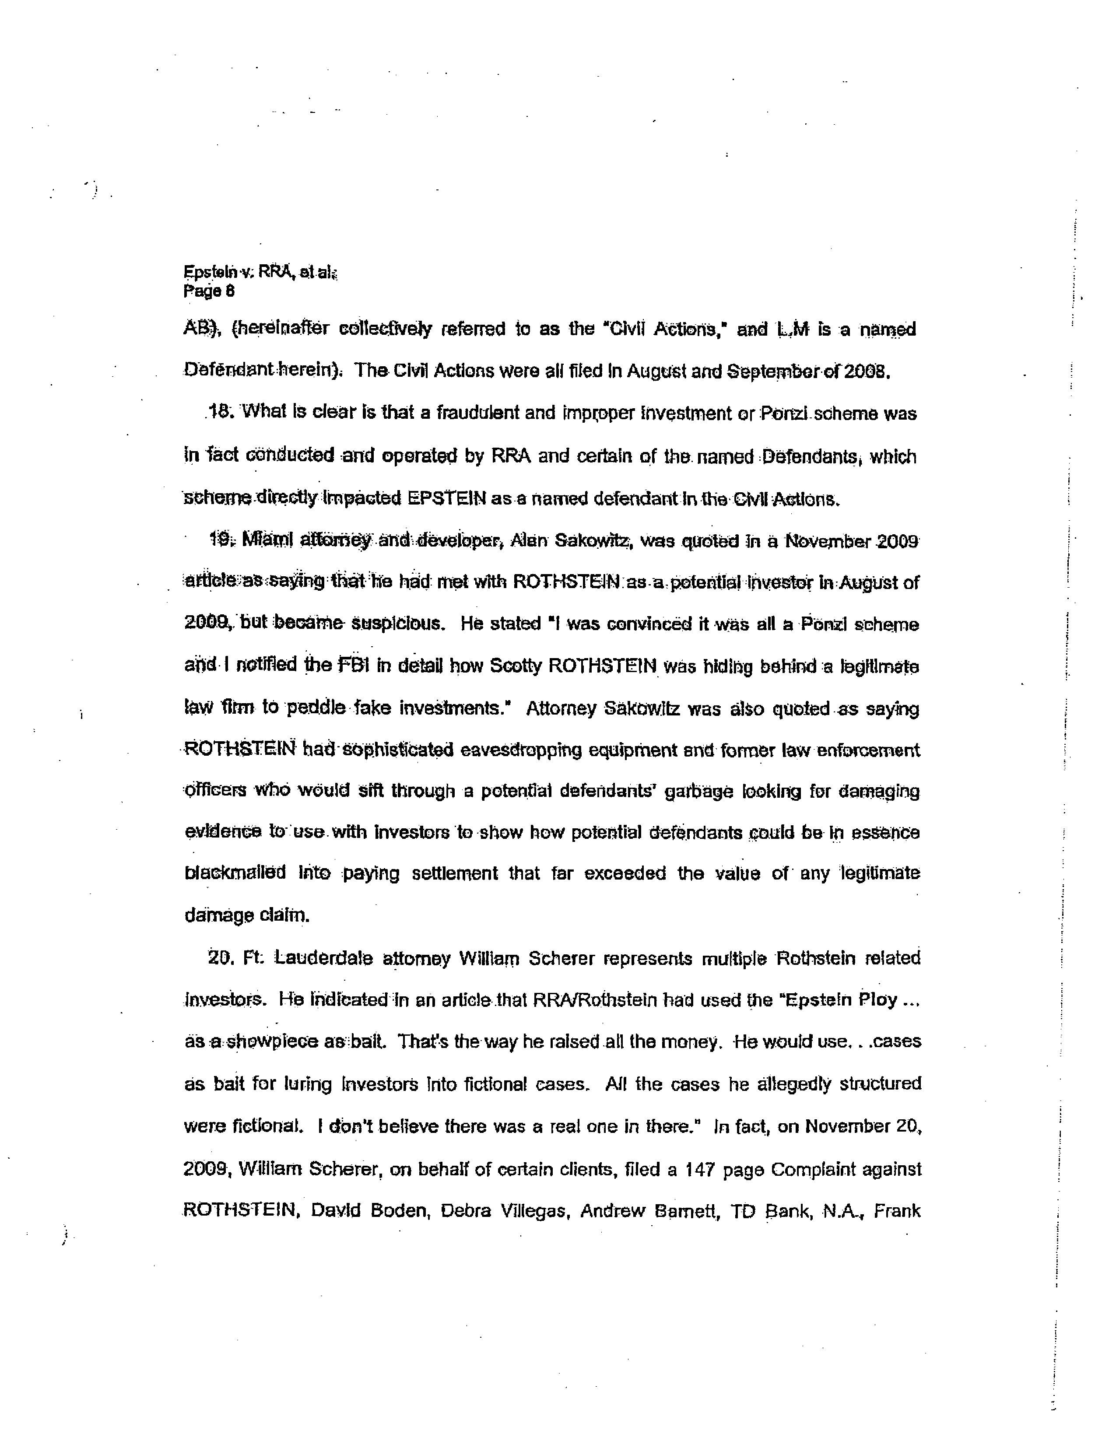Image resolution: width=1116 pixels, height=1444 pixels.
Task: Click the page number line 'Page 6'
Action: coord(209,291)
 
